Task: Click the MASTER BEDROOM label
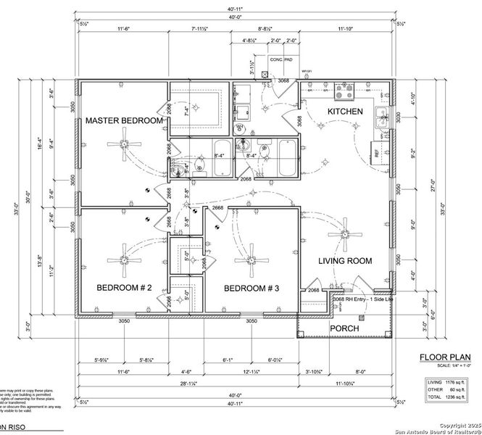click(125, 120)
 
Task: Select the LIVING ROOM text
click(345, 261)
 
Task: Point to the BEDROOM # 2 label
click(124, 289)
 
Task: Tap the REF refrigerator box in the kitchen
click(377, 152)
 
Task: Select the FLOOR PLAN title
click(439, 357)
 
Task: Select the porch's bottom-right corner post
click(391, 337)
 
